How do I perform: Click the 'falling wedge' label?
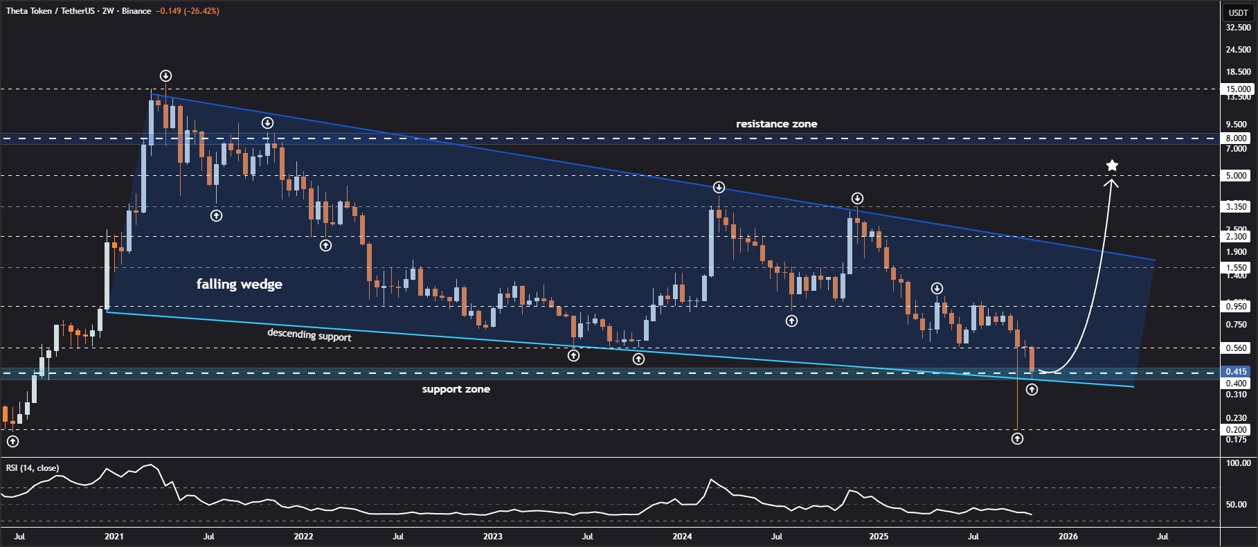[239, 284]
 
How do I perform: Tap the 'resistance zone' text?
[776, 124]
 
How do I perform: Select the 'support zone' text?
[456, 389]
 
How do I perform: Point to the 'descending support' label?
[309, 335]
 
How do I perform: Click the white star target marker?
[1112, 165]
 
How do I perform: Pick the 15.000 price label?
[1238, 89]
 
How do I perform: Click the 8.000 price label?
[1237, 138]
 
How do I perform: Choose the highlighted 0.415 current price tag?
[1237, 372]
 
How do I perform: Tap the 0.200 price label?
[1237, 430]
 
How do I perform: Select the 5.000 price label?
[1237, 176]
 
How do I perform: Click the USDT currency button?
[1238, 12]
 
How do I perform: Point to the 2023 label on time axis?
[492, 536]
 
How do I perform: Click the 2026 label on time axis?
[1068, 536]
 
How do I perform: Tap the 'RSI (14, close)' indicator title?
[33, 468]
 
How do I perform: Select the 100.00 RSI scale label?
[1238, 463]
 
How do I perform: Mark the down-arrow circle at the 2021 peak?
[165, 75]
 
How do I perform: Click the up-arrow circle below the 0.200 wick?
[1017, 438]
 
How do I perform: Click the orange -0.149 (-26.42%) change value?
[188, 11]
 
